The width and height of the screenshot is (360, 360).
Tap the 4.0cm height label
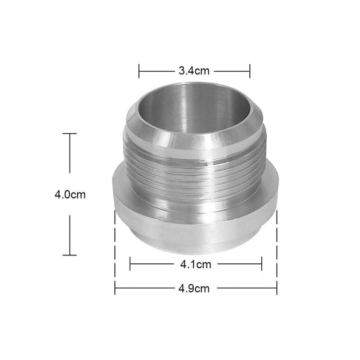[x=70, y=195]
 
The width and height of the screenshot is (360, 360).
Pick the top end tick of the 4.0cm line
[x=70, y=134]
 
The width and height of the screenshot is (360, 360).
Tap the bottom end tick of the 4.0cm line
[x=70, y=255]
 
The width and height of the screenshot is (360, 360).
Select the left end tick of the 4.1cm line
[x=130, y=263]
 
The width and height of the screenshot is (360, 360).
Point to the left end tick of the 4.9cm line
[x=115, y=288]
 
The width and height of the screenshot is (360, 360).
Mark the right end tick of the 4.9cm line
[x=277, y=288]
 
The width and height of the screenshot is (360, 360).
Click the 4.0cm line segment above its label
[x=70, y=159]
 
